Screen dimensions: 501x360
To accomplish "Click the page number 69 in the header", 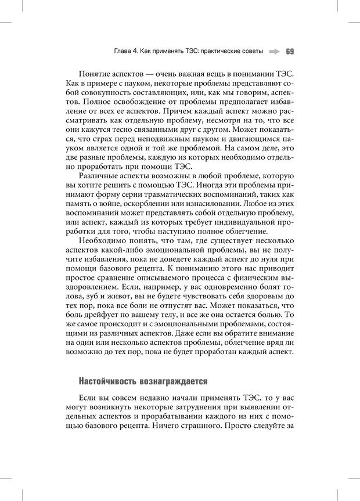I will (290, 51).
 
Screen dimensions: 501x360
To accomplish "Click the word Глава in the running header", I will (123, 51).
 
